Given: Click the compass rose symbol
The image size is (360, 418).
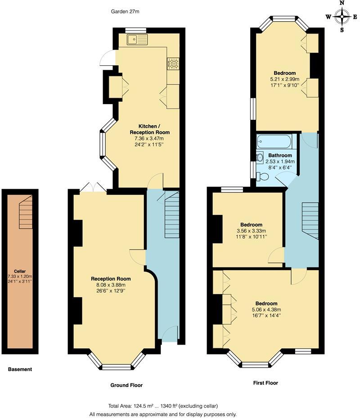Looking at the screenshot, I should pos(342,17).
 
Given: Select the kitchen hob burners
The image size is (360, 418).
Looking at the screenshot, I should pos(173,64).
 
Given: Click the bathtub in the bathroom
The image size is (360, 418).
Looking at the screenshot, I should pos(274,142).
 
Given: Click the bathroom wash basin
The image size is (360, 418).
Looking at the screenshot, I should pos(259,158).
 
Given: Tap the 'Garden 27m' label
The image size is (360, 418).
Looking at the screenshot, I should pos(125,11).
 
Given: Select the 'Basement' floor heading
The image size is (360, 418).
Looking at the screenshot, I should pos(20,369).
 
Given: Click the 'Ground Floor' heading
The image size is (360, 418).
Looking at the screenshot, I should pos(126,385).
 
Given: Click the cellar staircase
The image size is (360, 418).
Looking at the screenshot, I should pos(26,212).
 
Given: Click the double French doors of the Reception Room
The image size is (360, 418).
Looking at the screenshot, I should pos(94,187).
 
